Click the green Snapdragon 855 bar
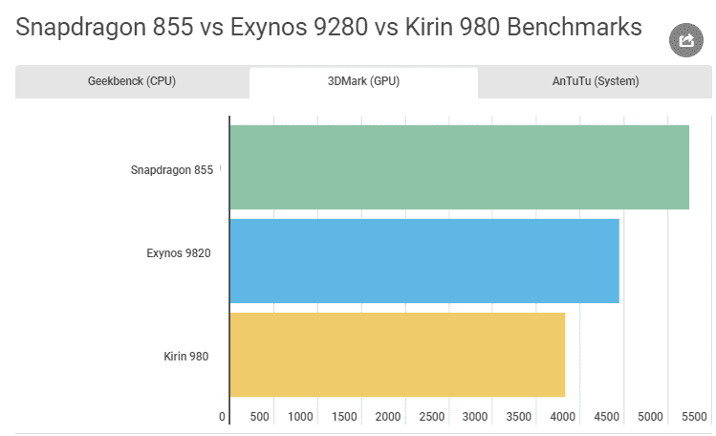pos(459,167)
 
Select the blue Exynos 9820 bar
pos(424,261)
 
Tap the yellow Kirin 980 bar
pos(397,355)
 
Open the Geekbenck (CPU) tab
pos(132,81)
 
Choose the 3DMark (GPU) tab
pos(363,81)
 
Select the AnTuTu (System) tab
pos(595,81)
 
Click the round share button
pos(685,40)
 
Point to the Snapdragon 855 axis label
pos(172,171)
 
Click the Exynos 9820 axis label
pos(179,253)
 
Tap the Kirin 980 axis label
pos(186,357)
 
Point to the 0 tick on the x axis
pos(223,417)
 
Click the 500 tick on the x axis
pos(259,417)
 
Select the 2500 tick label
pos(432,417)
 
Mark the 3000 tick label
pos(476,417)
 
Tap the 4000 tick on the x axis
pos(563,417)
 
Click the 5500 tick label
pos(694,417)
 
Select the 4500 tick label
pos(607,417)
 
